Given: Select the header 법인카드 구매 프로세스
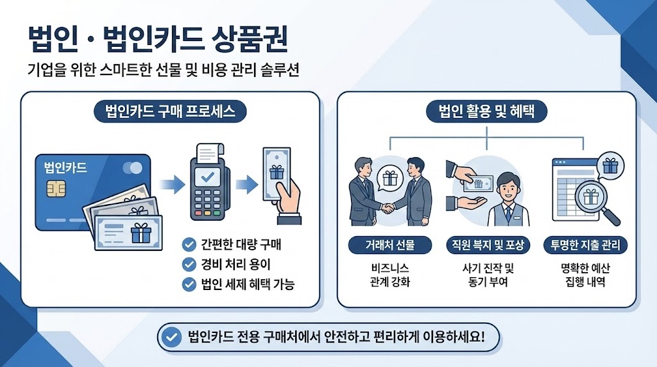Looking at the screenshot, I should pos(170,112).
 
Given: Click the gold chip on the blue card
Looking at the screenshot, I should pos(56,189).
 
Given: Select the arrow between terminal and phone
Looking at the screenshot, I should pos(247,185).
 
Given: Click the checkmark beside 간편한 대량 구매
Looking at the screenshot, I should pos(189,244).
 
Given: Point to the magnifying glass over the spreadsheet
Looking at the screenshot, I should pos(592,198).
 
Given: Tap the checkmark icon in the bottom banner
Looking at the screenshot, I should pos(171,337).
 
